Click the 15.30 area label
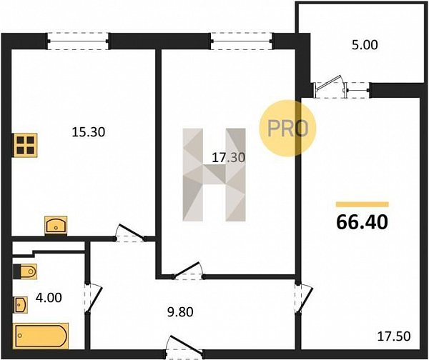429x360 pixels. [89, 132]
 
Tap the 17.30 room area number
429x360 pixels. [229, 158]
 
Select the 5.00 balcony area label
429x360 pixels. [365, 45]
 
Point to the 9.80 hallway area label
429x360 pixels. [180, 312]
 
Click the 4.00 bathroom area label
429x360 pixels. [49, 298]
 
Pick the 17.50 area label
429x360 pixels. [394, 336]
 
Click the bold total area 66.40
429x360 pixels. [362, 221]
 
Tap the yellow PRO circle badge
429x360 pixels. [287, 128]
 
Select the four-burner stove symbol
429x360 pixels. [25, 145]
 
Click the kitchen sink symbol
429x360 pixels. [56, 226]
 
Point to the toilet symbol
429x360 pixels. [24, 271]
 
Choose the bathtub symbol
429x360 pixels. [41, 336]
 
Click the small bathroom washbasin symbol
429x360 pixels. [21, 305]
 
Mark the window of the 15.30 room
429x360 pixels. [78, 41]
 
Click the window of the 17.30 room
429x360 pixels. [242, 41]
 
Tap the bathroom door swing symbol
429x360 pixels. [93, 298]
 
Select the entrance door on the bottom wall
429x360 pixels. [184, 347]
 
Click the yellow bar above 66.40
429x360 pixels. [363, 204]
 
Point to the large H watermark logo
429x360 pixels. [214, 175]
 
